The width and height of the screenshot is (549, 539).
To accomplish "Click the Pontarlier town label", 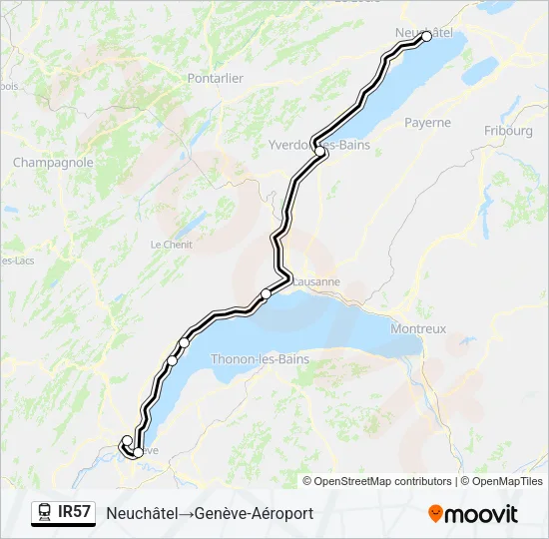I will click(216, 78).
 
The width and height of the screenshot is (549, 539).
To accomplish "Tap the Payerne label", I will click(428, 123).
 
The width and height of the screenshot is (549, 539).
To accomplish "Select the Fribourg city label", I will click(508, 131).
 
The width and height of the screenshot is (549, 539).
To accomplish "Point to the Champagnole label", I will click(53, 162).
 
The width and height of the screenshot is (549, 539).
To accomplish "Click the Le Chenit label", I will click(169, 245).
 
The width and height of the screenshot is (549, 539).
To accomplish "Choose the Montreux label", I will click(419, 328).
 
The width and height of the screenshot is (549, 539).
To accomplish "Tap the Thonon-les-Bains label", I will click(260, 359).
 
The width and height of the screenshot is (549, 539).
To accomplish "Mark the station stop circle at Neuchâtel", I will click(427, 36).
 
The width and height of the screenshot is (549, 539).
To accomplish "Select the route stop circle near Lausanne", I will click(266, 293).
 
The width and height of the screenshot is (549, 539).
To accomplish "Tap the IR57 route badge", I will click(74, 512).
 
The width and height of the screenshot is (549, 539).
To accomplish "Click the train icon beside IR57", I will click(45, 512).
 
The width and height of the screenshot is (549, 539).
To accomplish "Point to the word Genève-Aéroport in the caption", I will click(257, 513).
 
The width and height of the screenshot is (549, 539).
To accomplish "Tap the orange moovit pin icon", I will click(435, 513).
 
